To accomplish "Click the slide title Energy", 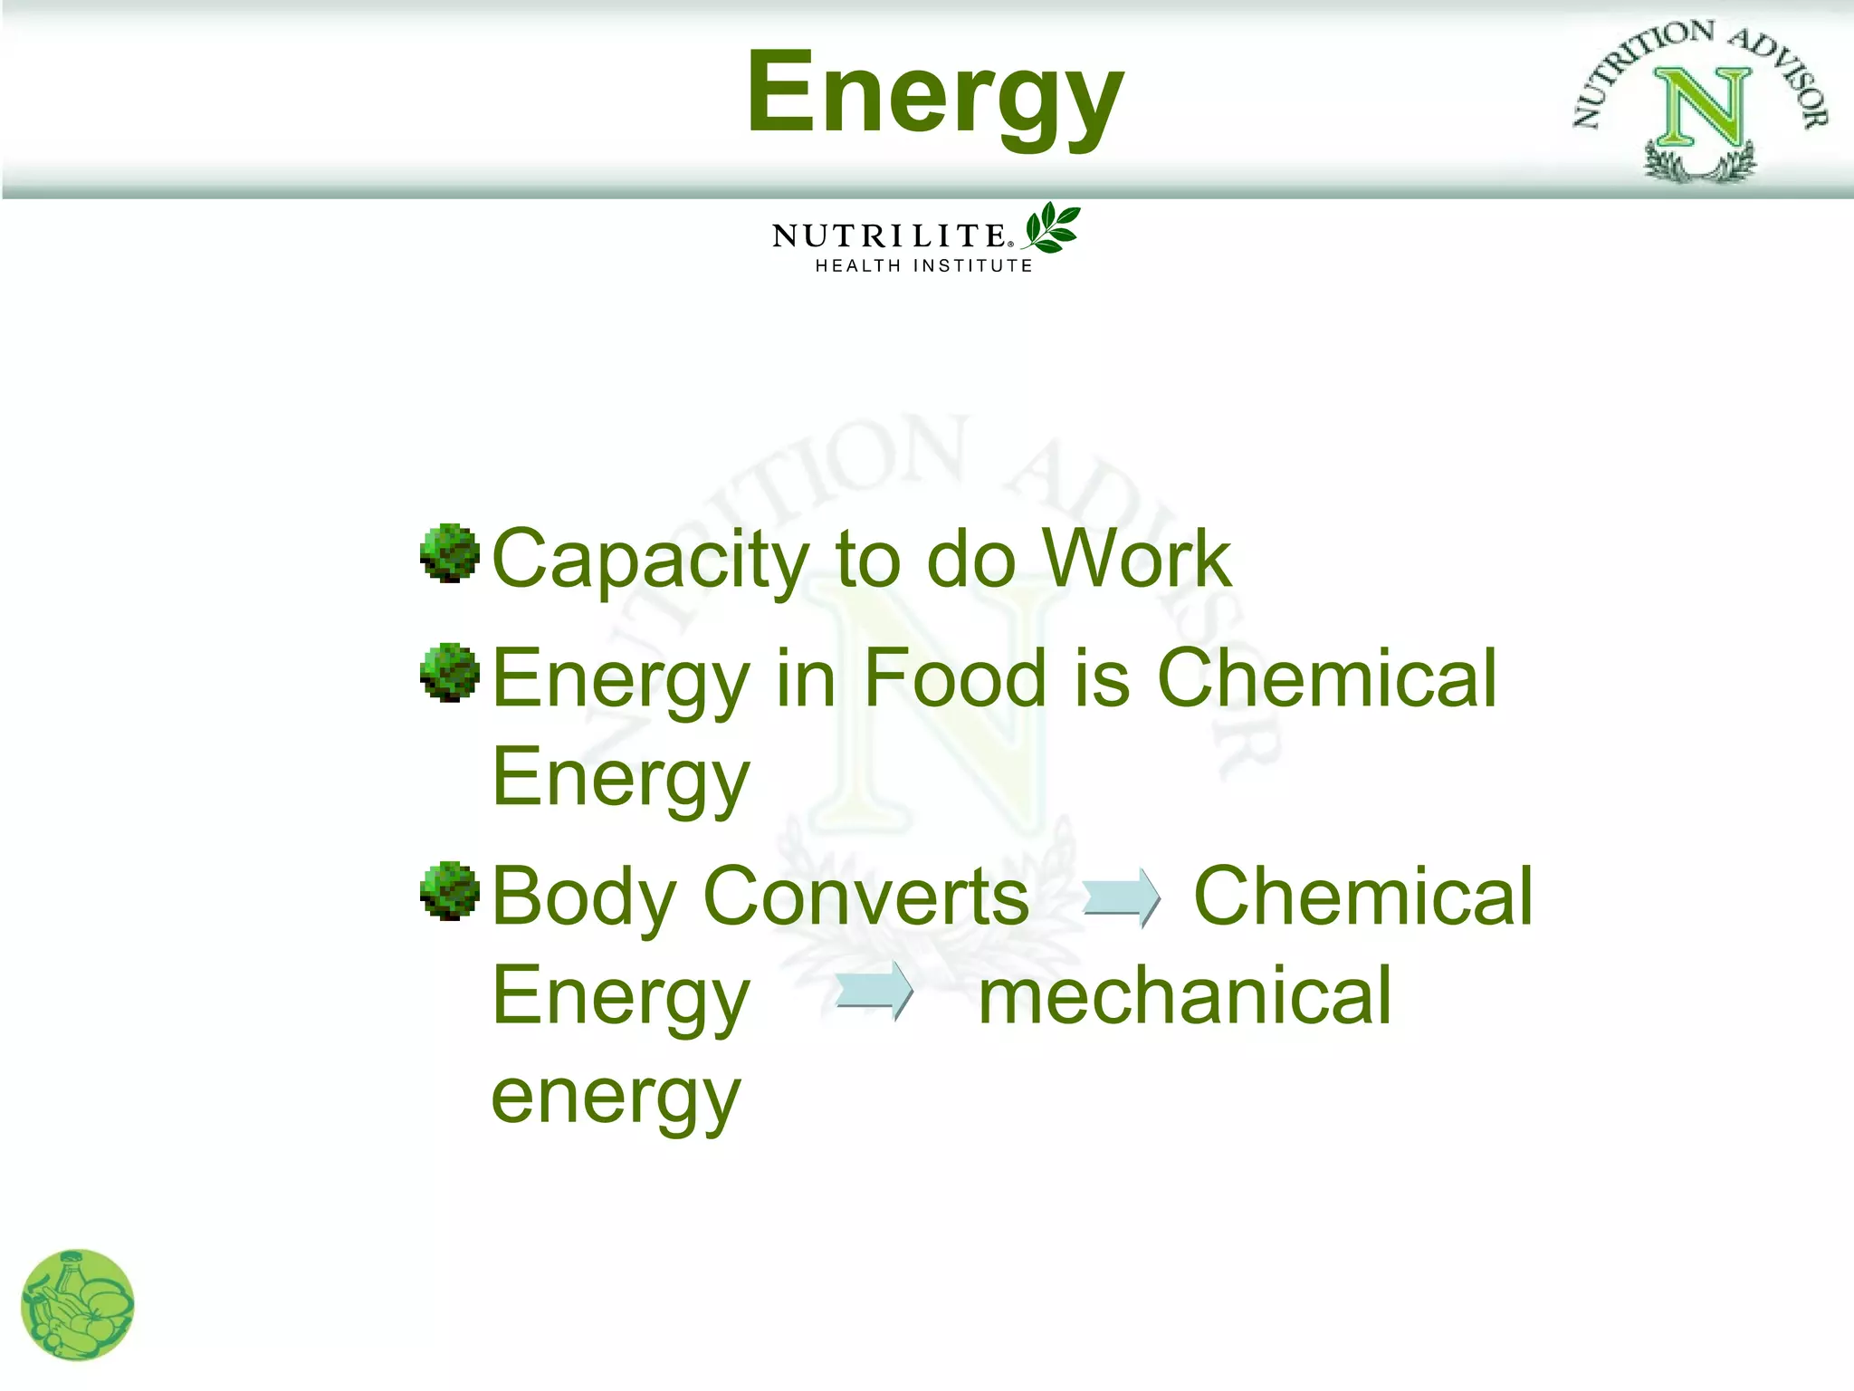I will [x=934, y=95].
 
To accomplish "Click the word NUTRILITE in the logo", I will [x=889, y=236].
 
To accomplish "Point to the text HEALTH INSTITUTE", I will [x=923, y=266].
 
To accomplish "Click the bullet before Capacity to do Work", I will [x=449, y=552].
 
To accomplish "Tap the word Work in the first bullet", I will [x=1137, y=559].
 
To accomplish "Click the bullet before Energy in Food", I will [x=449, y=672].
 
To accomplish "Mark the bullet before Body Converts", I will [x=449, y=890].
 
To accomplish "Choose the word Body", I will [x=584, y=897].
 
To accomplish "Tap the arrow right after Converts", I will [x=1121, y=897].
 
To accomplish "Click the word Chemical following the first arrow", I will [x=1362, y=897].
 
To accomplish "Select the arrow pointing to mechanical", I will [x=874, y=991].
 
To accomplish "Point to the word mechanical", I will [x=1185, y=996].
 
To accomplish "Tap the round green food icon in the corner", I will [x=78, y=1305].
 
